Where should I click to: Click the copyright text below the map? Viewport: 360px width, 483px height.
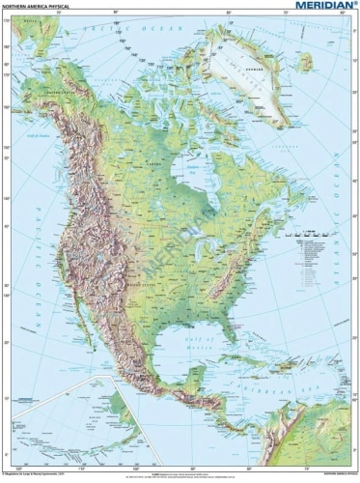click(39, 474)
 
